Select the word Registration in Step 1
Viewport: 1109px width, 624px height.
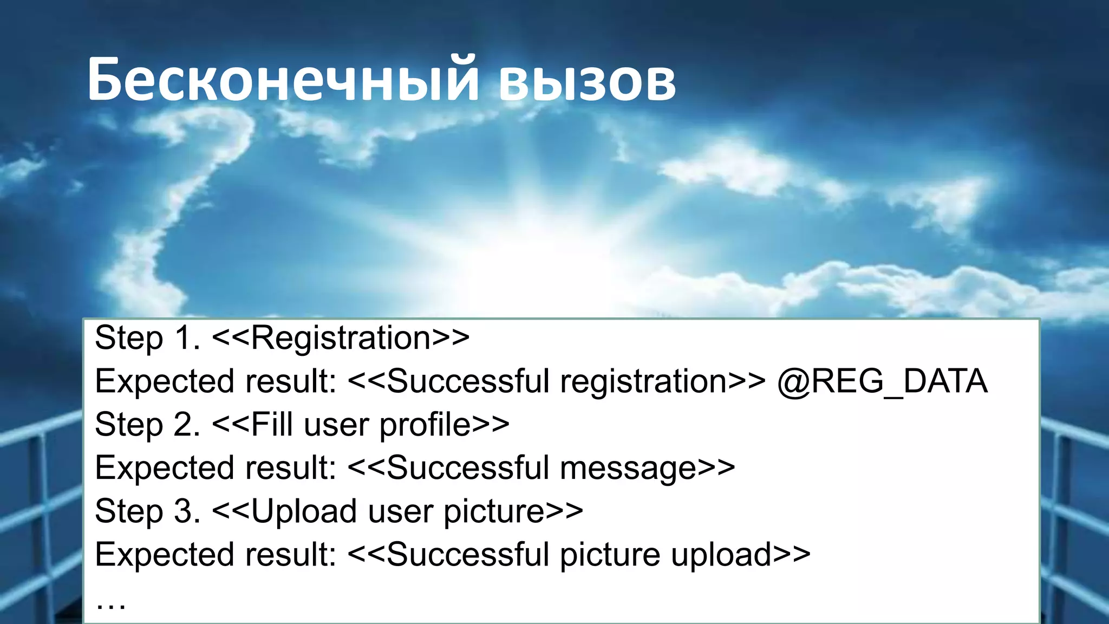pos(341,338)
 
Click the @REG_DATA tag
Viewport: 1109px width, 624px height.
pos(883,381)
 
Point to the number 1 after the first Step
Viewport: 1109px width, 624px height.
pos(184,338)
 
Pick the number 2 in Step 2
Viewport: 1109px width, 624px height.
pos(184,425)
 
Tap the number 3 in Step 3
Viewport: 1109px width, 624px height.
pos(184,511)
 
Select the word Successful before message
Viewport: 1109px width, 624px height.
pos(468,468)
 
